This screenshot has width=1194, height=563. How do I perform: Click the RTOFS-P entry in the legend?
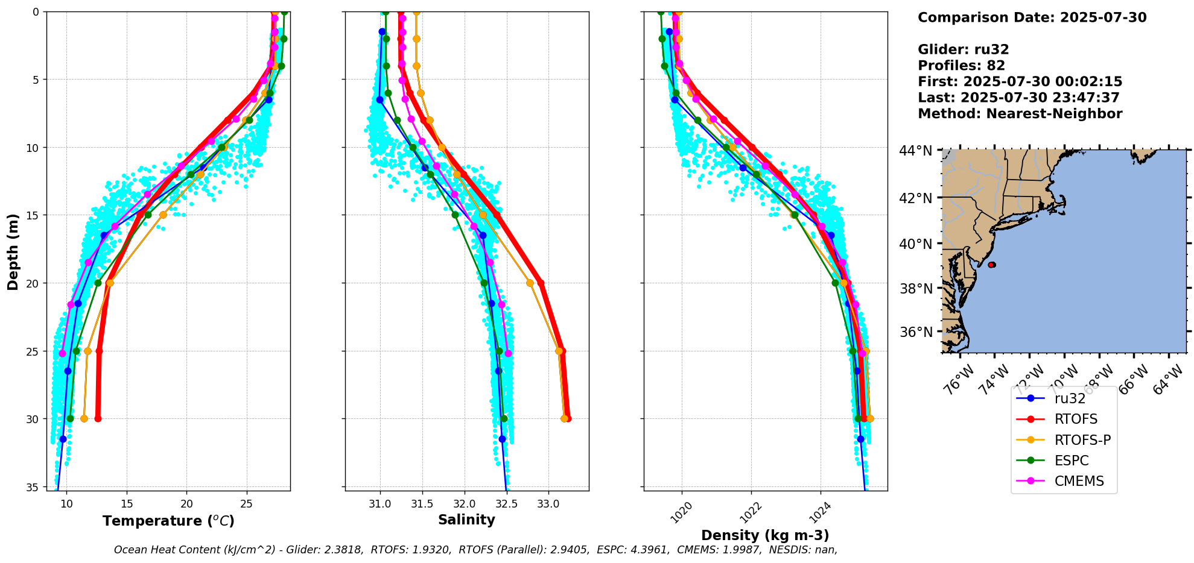[1063, 440]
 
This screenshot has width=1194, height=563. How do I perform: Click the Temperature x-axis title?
[168, 521]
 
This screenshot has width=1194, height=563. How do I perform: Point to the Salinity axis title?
[466, 520]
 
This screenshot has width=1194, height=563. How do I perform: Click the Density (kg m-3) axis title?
[765, 535]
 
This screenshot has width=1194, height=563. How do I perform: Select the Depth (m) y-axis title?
[13, 251]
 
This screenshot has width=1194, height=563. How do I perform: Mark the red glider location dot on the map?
[991, 265]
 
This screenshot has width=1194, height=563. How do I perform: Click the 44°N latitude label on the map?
[916, 150]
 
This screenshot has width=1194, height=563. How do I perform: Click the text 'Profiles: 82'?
[961, 66]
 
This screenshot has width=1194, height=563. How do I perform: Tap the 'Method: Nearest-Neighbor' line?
[1020, 114]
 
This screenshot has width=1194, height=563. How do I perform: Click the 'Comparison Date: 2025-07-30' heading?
[1032, 17]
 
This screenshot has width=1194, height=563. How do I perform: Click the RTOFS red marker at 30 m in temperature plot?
[98, 418]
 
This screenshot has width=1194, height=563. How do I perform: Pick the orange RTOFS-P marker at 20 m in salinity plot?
[530, 283]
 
